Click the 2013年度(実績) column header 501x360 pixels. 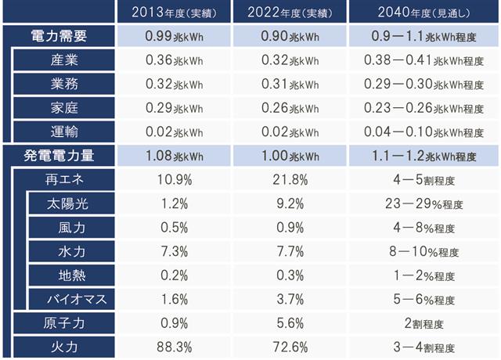tap(174, 13)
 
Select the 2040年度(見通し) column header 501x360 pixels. tap(424, 13)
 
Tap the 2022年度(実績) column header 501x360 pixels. tap(290, 13)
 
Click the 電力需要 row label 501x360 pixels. tap(59, 36)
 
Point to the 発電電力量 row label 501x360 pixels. tap(59, 156)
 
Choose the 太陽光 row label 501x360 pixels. tap(67, 203)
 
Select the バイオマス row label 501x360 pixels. tap(77, 299)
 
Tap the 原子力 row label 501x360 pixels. tap(64, 323)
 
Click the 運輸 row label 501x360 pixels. tap(64, 131)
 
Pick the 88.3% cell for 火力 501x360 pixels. tap(174, 347)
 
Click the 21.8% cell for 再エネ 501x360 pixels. tap(290, 179)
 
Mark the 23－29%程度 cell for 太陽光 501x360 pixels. tap(424, 203)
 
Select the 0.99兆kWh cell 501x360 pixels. tap(174, 36)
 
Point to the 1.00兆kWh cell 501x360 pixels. tap(290, 156)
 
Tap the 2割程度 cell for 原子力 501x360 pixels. tap(424, 323)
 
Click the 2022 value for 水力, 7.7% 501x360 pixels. tap(290, 251)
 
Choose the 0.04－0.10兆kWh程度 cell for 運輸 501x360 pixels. tap(424, 131)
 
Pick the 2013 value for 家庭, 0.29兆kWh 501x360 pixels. tap(174, 108)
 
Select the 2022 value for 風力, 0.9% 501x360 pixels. tap(290, 228)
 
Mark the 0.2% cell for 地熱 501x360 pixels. tap(174, 275)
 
